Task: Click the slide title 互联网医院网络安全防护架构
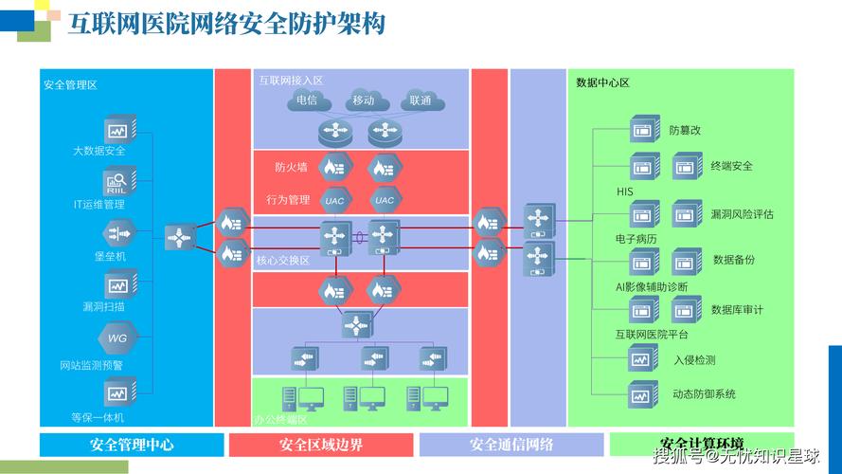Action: [x=227, y=24]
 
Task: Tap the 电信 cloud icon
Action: [x=307, y=100]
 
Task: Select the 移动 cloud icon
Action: [x=364, y=100]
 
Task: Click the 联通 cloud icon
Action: [x=421, y=100]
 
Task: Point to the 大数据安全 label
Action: [x=99, y=151]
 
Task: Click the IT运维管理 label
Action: [x=99, y=204]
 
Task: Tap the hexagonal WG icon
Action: [x=116, y=337]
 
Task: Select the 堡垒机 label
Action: [x=110, y=256]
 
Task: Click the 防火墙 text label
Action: [x=291, y=168]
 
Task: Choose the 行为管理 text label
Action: [x=288, y=200]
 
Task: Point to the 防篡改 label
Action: [x=685, y=130]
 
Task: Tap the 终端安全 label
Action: [x=731, y=166]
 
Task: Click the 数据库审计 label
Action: [x=737, y=309]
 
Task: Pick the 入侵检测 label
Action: [x=694, y=360]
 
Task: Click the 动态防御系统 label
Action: [x=704, y=393]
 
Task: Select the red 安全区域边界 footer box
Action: [x=321, y=445]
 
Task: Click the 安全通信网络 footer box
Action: [x=511, y=445]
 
